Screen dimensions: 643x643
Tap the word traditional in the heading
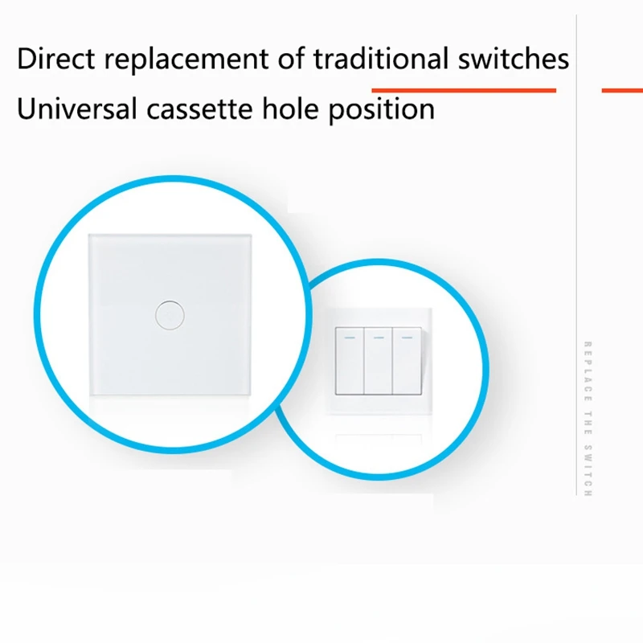[x=382, y=59]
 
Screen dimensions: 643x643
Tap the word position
[x=381, y=109]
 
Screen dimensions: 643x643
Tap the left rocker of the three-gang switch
[x=349, y=362]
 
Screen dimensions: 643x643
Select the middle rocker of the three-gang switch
[x=378, y=362]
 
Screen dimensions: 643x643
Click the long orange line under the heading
[x=464, y=91]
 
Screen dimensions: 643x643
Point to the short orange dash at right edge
[x=622, y=91]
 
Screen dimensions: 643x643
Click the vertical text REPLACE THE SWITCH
[x=588, y=418]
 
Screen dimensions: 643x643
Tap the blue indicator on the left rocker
[x=349, y=338]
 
